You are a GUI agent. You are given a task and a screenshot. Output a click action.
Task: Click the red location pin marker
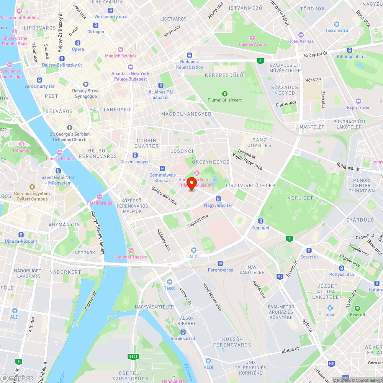[192, 183]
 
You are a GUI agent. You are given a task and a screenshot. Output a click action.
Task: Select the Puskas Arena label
[252, 44]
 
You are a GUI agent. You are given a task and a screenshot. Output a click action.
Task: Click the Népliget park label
[295, 198]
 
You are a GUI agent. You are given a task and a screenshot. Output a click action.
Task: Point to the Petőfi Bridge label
[100, 203]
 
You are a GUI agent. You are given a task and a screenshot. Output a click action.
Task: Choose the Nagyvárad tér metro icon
[218, 199]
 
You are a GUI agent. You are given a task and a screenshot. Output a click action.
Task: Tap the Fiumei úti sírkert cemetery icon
[224, 93]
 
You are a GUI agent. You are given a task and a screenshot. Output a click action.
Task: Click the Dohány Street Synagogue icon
[86, 84]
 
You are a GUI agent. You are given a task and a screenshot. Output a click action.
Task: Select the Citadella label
[22, 151]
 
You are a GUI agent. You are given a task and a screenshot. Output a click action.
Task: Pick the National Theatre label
[131, 257]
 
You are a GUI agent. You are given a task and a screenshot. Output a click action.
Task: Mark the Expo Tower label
[358, 108]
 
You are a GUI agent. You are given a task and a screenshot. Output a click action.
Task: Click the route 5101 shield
[133, 357]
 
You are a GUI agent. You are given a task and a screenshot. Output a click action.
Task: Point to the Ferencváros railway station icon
[220, 264]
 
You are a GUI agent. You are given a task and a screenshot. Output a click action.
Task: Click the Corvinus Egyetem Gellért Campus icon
[32, 187]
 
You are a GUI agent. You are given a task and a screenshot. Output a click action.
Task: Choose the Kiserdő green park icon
[357, 308]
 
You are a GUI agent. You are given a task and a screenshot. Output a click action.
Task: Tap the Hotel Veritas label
[301, 41]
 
